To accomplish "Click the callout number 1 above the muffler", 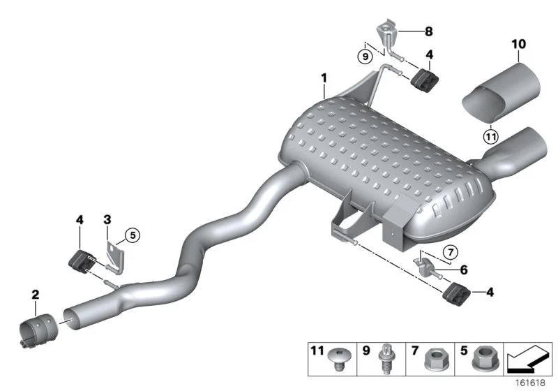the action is pos(324,78).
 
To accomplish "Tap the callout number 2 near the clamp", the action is pos(36,295).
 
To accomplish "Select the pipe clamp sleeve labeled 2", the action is pos(38,330).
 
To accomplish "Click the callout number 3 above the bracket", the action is pos(107,220).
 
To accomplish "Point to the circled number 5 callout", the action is pos(133,235).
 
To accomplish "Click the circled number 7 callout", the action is pos(451,253).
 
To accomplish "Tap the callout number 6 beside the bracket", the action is pos(464,270).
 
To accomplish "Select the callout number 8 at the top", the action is pos(429,31).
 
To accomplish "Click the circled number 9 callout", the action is pos(365,57).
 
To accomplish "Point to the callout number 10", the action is pos(518,44).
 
